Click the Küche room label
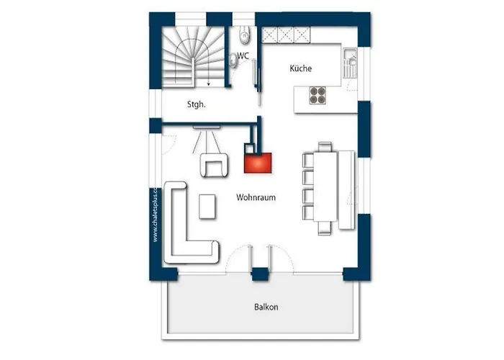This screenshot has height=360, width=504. tap(301, 68)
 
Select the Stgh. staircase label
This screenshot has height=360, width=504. tap(197, 104)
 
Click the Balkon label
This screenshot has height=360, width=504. tap(266, 307)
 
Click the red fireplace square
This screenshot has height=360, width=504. tap(258, 162)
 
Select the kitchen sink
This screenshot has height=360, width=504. tap(350, 60)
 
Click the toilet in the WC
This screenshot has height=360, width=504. tap(244, 33)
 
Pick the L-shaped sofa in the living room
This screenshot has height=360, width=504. tap(184, 230)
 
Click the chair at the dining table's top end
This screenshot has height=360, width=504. tap(325, 148)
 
